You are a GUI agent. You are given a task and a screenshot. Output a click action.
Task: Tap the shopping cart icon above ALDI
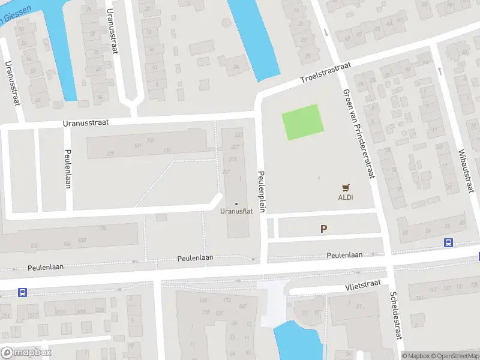(x=345, y=187)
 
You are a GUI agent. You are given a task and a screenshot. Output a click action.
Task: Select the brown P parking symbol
(x=324, y=229)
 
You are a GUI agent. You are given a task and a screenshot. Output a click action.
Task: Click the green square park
(x=303, y=122)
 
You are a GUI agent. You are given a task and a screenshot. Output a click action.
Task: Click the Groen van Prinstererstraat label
(x=359, y=133)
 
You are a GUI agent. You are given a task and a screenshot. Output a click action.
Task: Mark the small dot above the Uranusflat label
(x=236, y=204)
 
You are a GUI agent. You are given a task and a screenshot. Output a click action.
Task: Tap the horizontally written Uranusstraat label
(x=86, y=122)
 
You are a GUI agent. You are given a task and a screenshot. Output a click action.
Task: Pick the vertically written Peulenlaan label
(x=68, y=169)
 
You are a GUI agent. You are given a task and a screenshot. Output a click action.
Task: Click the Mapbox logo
(x=26, y=353)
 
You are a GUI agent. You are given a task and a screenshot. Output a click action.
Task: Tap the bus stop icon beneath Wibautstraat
(x=448, y=242)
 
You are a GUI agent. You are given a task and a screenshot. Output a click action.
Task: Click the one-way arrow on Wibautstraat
(x=440, y=71)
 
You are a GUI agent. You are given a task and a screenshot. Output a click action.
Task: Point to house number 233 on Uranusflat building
(x=238, y=135)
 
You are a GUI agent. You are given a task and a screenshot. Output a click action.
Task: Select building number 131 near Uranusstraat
(x=167, y=150)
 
